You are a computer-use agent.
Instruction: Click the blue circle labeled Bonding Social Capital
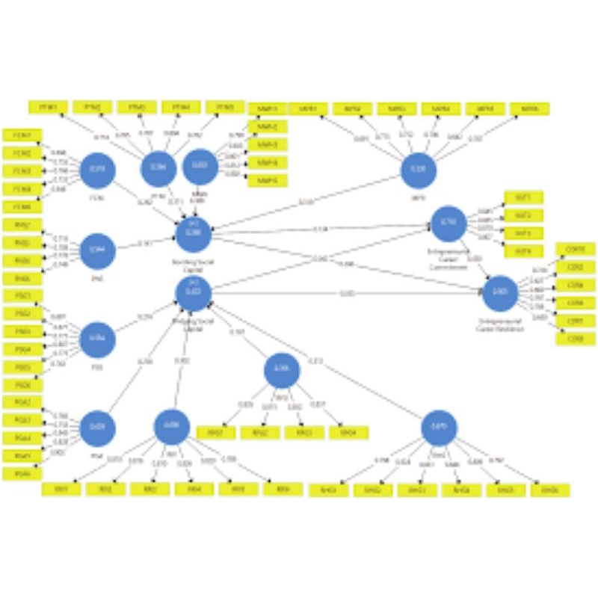[x=194, y=233]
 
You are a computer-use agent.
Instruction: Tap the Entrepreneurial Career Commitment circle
[x=449, y=224]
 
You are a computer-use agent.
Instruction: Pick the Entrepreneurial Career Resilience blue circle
[x=500, y=294]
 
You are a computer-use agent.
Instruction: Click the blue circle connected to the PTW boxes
[x=158, y=167]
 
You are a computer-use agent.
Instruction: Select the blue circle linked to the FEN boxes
[x=97, y=171]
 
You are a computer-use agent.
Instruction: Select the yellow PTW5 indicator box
[x=225, y=108]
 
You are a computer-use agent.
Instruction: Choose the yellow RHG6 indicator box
[x=550, y=490]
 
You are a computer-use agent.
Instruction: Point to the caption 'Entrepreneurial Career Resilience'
[x=500, y=323]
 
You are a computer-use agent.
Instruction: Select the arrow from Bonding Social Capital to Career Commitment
[x=321, y=229]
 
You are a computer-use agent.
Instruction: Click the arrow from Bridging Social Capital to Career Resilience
[x=344, y=293]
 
